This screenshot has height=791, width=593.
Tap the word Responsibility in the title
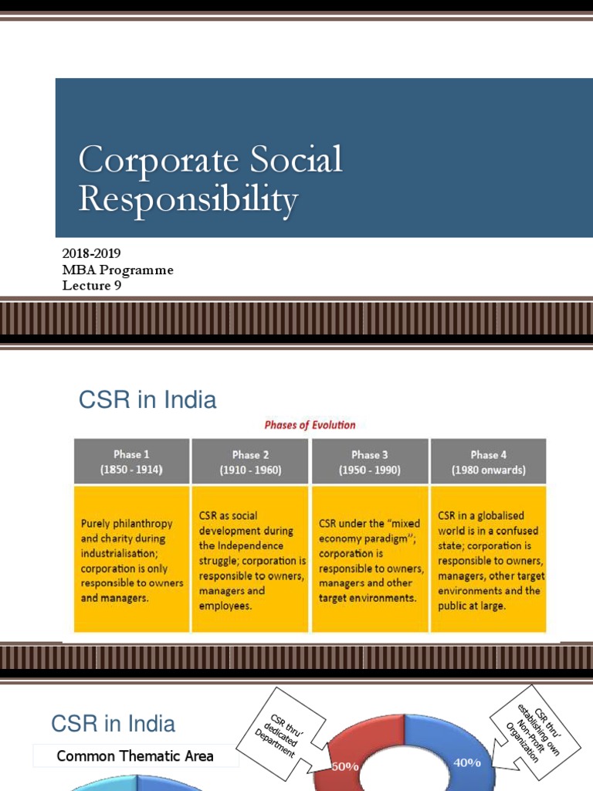tap(188, 199)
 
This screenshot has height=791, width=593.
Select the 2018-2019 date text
tap(91, 253)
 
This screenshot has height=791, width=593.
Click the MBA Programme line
tap(117, 270)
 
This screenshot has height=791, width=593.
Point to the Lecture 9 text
tap(92, 286)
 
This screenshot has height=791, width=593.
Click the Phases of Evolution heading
tap(310, 425)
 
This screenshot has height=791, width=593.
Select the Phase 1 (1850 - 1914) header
tap(131, 461)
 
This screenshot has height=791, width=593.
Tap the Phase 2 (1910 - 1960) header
tap(250, 461)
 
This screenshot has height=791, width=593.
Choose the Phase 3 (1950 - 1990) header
tap(369, 461)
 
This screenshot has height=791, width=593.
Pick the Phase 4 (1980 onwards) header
tap(488, 461)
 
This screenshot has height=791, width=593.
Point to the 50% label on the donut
tap(344, 767)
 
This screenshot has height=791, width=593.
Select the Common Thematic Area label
tap(135, 756)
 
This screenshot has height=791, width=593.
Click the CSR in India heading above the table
tap(147, 399)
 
